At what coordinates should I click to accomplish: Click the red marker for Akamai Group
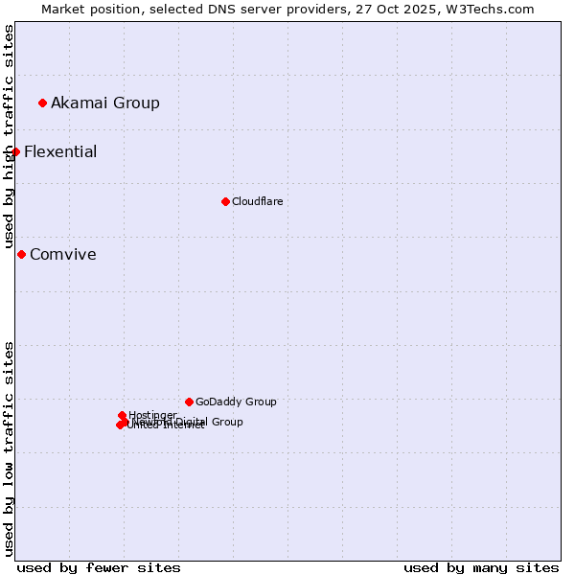click(x=42, y=103)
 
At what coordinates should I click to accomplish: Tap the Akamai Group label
click(x=105, y=103)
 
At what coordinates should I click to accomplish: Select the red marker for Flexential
click(x=15, y=151)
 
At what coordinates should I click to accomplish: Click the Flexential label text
click(x=60, y=151)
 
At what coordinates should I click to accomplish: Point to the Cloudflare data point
click(x=225, y=201)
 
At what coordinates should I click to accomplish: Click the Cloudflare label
click(x=257, y=201)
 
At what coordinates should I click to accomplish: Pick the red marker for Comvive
click(x=21, y=254)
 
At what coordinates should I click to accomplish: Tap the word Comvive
click(x=63, y=254)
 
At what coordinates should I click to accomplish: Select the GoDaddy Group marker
click(x=189, y=402)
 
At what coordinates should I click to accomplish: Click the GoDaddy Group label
click(x=236, y=402)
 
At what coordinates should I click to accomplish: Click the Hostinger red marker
click(x=122, y=415)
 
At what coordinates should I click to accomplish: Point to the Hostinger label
click(x=152, y=415)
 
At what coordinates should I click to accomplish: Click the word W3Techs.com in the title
click(x=494, y=9)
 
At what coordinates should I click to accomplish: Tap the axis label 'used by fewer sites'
click(x=99, y=567)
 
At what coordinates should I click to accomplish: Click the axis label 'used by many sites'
click(x=481, y=567)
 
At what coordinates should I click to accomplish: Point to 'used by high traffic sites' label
click(x=9, y=136)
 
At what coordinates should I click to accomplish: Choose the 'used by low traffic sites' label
click(x=9, y=448)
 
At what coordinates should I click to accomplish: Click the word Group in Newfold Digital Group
click(x=227, y=422)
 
